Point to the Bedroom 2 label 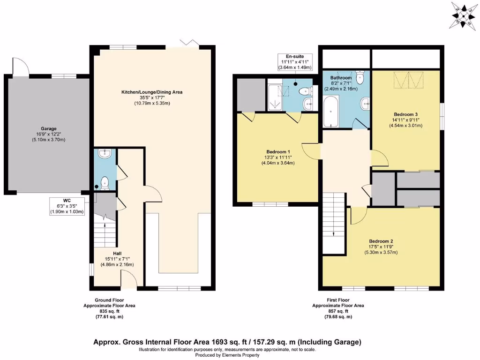click(x=383, y=247)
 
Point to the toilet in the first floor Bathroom click(x=360, y=77)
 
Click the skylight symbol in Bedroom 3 click(x=406, y=80)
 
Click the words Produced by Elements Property click(x=227, y=355)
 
